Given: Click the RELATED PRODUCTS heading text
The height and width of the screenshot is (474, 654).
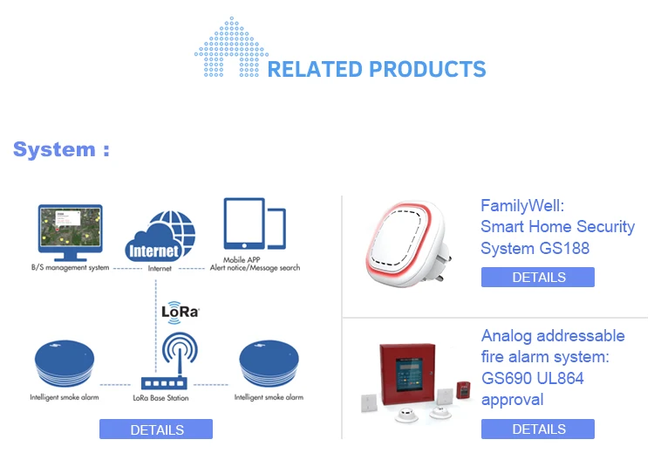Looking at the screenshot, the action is pos(377,69).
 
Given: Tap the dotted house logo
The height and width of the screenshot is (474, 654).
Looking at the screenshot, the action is pos(231,47).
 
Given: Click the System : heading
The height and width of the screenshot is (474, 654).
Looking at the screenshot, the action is pos(61,149).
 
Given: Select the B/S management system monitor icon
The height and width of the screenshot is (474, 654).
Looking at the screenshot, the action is pos(70,232).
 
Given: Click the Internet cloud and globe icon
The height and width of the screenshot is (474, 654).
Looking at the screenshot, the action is pos(160,237).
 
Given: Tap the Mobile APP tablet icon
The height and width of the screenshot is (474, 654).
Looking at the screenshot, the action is pos(255,223).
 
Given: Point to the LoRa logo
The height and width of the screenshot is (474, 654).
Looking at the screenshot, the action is pos(181,312).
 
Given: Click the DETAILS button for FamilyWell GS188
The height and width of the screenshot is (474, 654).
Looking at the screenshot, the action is pos(538,277).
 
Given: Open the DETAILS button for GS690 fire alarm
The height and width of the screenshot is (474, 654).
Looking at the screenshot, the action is pos(538,429).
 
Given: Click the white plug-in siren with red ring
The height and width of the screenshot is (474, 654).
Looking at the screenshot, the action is pos(405,244).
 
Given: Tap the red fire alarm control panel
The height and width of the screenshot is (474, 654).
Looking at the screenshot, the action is pos(407,374).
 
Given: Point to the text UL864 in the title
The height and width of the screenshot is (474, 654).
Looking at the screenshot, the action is pos(560,378).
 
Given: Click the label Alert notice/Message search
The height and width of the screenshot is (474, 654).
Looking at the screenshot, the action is pos(255,268).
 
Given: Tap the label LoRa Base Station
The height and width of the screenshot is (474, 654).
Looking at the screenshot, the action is pos(160,398).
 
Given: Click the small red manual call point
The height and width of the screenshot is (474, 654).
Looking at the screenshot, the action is pos(462,389).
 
